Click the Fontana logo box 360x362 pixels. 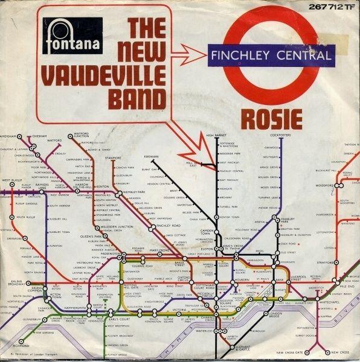tap(72, 36)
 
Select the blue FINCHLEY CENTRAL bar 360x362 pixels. tap(271, 56)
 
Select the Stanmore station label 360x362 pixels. tap(113, 157)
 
